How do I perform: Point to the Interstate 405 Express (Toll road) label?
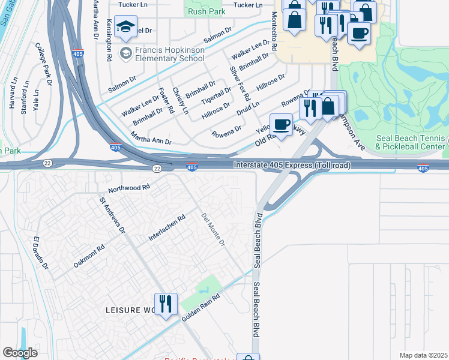tap(292, 165)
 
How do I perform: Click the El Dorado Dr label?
tap(40, 253)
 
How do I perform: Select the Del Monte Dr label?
tap(213, 230)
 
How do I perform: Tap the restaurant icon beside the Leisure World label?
tap(165, 304)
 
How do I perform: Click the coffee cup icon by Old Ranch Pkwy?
tap(281, 125)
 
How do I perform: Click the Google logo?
tap(20, 353)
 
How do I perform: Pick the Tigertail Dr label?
tap(216, 94)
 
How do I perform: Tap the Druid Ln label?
tap(247, 109)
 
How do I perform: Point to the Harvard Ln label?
tap(11, 93)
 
